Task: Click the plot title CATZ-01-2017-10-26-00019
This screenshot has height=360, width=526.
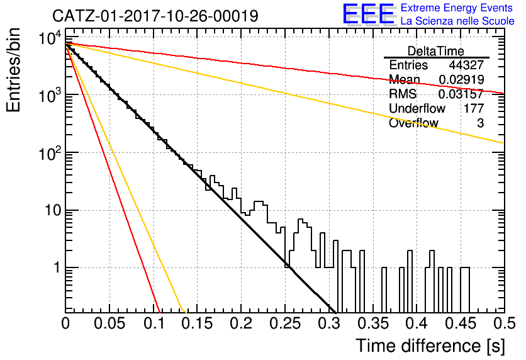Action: [x=155, y=16]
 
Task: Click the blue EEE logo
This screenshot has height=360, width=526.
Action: [x=368, y=14]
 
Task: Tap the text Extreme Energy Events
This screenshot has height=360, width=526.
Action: [x=457, y=8]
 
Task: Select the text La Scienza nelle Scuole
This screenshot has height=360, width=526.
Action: [x=457, y=21]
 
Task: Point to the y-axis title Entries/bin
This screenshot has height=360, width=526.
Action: [x=13, y=70]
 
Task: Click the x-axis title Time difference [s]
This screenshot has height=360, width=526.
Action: [x=430, y=346]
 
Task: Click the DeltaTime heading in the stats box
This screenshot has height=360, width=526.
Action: [x=436, y=51]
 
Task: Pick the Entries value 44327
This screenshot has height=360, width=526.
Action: [x=466, y=65]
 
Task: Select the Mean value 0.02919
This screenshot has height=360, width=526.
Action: [x=461, y=79]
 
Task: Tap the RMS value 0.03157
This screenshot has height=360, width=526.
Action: [x=461, y=94]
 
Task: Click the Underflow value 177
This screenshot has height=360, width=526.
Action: [x=474, y=108]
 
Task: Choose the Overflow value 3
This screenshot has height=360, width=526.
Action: [x=480, y=123]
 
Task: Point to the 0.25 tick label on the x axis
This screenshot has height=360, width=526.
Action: [x=285, y=323]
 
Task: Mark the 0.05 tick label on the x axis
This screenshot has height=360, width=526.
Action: [x=109, y=323]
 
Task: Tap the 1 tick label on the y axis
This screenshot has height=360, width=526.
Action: [x=57, y=267]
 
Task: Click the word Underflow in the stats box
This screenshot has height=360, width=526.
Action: [x=417, y=108]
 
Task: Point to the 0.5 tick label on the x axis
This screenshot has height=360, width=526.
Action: [x=505, y=323]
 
